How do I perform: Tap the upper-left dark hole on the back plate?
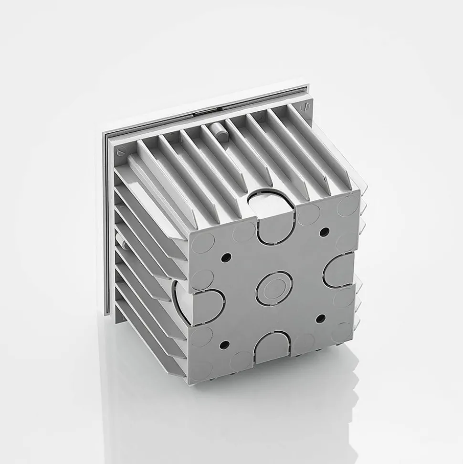click(x=226, y=258)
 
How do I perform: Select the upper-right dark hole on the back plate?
click(x=324, y=232)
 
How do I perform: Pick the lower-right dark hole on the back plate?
click(x=320, y=318)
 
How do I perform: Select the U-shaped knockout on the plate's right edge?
click(x=339, y=270)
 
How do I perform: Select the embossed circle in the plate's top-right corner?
click(x=348, y=205)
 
